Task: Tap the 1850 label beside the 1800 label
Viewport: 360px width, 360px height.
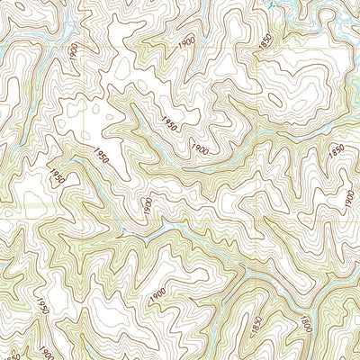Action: pos(257,323)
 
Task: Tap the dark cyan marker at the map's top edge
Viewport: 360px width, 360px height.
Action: pos(269,3)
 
